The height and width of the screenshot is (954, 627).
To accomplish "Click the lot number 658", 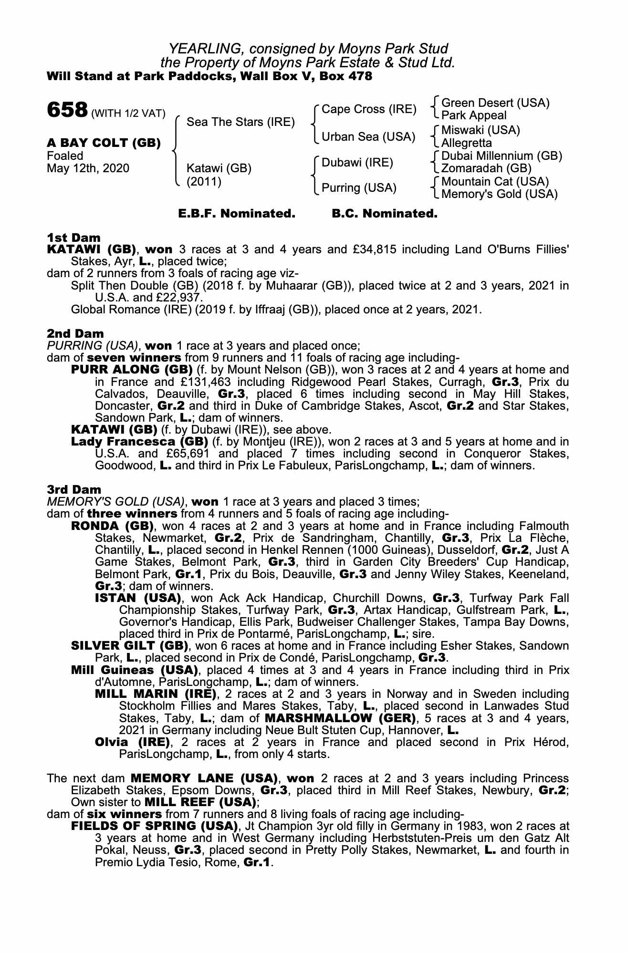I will coord(66,111).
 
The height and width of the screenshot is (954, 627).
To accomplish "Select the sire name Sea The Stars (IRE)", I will coord(240,122).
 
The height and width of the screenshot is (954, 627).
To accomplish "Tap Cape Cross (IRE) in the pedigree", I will coord(369,109).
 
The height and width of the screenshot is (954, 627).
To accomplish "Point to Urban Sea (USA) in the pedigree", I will coord(368,137).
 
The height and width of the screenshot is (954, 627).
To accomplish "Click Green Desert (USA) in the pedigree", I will coord(495,103).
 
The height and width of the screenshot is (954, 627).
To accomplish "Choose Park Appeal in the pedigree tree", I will coord(474,115).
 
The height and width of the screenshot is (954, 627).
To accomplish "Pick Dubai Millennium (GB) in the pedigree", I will coord(502,156).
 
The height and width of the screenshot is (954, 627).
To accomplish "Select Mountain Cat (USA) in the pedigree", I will coord(495,182).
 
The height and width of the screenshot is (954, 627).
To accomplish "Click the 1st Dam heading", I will coord(73,238).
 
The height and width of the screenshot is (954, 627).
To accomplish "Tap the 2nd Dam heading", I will coord(75,333).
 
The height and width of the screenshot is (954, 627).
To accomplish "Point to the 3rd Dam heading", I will coord(74,489).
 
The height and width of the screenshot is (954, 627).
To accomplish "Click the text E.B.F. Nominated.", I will coord(237,214).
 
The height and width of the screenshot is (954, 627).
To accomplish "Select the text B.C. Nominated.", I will coord(384,214).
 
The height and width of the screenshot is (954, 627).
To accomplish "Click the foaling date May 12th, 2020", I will coord(88,168).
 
